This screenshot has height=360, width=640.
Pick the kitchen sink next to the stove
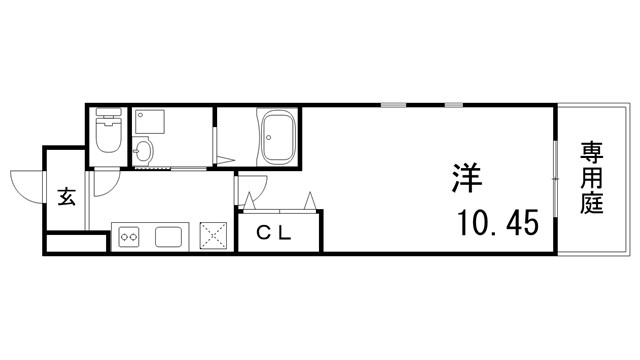click(167, 238)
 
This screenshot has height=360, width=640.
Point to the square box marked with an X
click(213, 235)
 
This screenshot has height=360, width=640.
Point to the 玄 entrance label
click(66, 196)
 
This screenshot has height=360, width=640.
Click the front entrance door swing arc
click(25, 181)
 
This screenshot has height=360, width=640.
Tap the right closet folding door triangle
click(311, 201)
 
